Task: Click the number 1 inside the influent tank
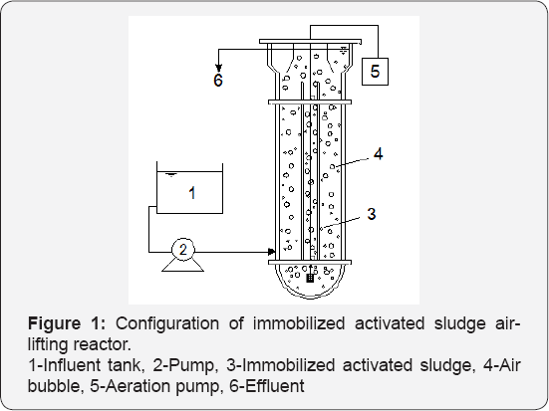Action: pyautogui.click(x=192, y=193)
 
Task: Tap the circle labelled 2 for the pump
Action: pyautogui.click(x=182, y=250)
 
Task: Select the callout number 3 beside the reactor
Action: pyautogui.click(x=372, y=214)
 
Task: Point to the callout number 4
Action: pyautogui.click(x=379, y=154)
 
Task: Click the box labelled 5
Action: pyautogui.click(x=375, y=72)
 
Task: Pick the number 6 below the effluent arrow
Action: pyautogui.click(x=218, y=80)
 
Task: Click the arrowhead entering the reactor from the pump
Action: pyautogui.click(x=271, y=252)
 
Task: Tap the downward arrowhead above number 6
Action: pyautogui.click(x=218, y=68)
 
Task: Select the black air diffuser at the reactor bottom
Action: pyautogui.click(x=310, y=278)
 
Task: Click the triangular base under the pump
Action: pyautogui.click(x=182, y=266)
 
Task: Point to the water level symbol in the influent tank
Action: pyautogui.click(x=170, y=174)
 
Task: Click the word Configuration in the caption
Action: pyautogui.click(x=167, y=323)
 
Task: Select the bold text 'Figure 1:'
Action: pyautogui.click(x=67, y=323)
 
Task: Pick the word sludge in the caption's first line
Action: pyautogui.click(x=460, y=323)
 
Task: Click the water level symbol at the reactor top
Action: pyautogui.click(x=344, y=51)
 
